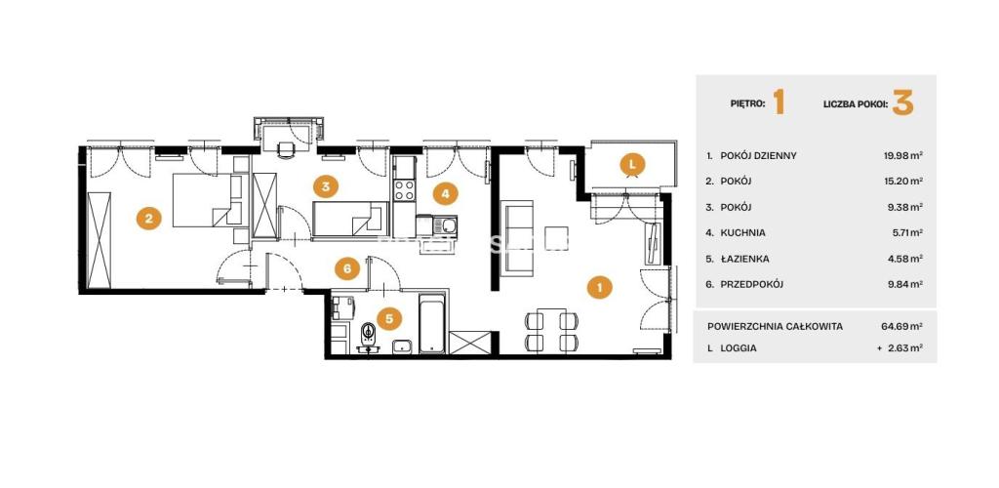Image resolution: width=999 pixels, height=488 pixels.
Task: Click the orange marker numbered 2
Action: click(x=148, y=219)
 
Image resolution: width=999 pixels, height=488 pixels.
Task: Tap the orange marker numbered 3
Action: click(x=326, y=186)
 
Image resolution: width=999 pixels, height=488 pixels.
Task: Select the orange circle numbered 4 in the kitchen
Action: click(x=445, y=193)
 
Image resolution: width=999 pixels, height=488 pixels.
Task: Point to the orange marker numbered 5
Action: click(x=388, y=319)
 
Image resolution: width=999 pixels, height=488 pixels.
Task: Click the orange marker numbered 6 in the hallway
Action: click(x=347, y=268)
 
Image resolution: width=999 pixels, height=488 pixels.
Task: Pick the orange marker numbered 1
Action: click(x=600, y=287)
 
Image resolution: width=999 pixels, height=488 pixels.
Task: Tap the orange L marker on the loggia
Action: click(x=632, y=165)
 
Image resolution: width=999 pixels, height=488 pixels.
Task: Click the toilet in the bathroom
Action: click(x=368, y=335)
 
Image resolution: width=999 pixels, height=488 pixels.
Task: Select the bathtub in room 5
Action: click(x=432, y=323)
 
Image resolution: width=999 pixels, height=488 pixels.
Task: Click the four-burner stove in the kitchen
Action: click(x=404, y=189)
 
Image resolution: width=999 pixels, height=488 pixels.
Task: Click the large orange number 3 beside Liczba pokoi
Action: click(x=902, y=102)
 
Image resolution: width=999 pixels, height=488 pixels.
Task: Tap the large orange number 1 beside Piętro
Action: click(x=778, y=102)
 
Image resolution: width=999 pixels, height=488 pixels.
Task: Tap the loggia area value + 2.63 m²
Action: click(x=900, y=348)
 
